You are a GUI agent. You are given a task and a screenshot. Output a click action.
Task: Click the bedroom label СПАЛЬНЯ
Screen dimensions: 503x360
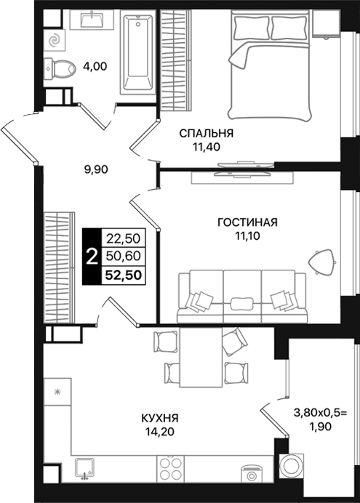tap(207, 133)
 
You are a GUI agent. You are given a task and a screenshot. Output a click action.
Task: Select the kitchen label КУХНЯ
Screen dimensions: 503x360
tap(160, 419)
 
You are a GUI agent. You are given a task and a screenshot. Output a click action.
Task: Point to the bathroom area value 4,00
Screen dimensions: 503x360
tap(95, 66)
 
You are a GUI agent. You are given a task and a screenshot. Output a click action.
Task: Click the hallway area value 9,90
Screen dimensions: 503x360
tap(96, 171)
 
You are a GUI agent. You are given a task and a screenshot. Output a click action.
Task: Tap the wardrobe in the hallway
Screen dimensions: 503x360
tap(59, 266)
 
